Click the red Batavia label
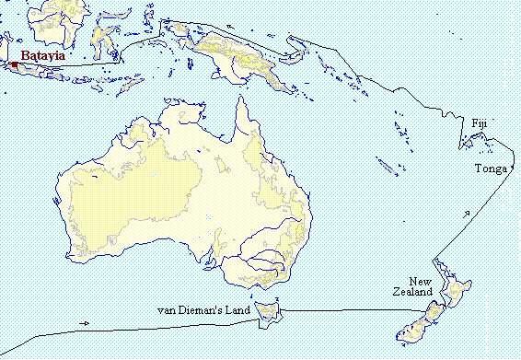coord(43,55)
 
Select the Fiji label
coord(479,123)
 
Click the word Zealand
coord(409,292)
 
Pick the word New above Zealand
coord(421,281)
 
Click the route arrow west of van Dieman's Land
coord(85,322)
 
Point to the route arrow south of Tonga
coord(469,214)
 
